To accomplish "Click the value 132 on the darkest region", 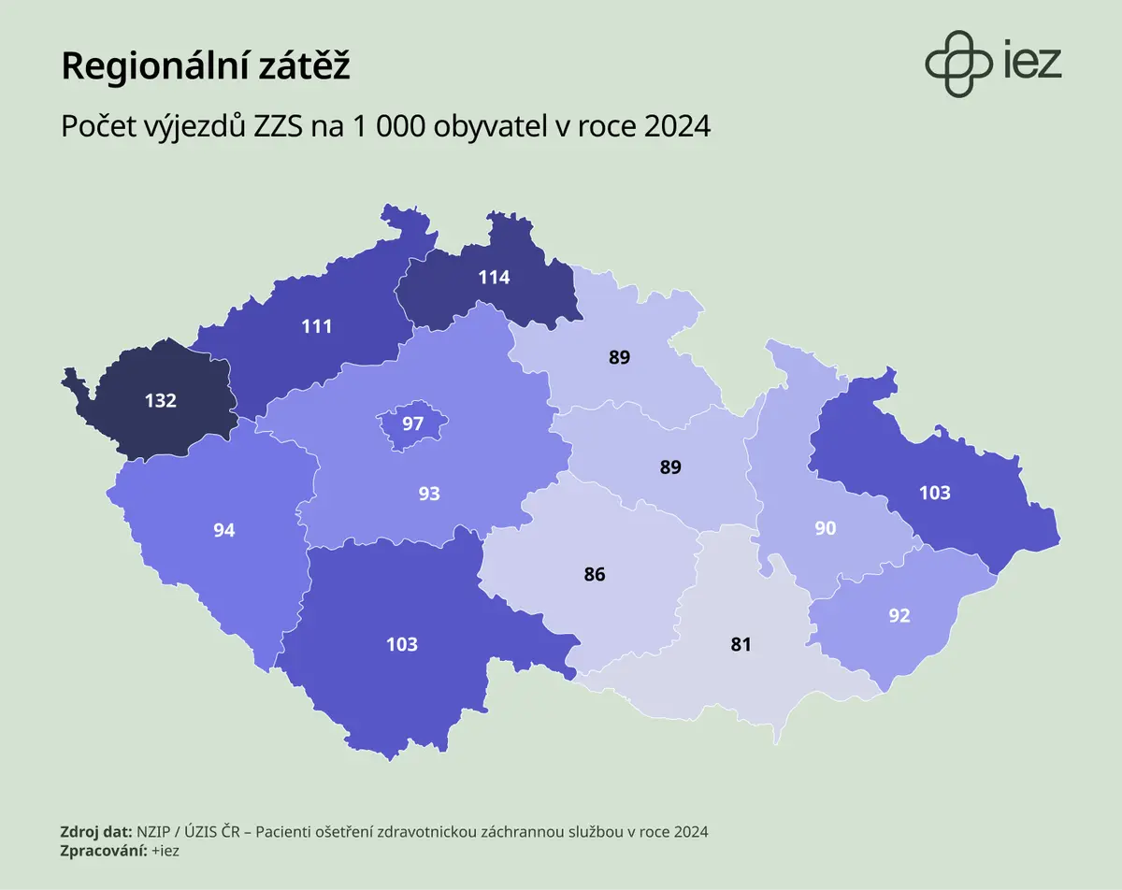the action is point(161,400).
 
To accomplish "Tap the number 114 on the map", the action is point(494,278).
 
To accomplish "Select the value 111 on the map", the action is point(316,326).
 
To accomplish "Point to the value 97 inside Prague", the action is point(412,423).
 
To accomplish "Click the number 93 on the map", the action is point(429,494).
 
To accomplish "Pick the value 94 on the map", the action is point(224,530).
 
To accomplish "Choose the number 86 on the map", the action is point(595,575).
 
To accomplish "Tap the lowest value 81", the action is point(741,644).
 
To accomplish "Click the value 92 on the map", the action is point(899,616).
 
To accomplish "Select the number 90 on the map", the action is point(826,528).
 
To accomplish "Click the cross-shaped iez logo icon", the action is point(958,64).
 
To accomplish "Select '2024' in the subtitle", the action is point(677,126).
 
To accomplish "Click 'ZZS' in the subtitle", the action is point(278,126).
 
